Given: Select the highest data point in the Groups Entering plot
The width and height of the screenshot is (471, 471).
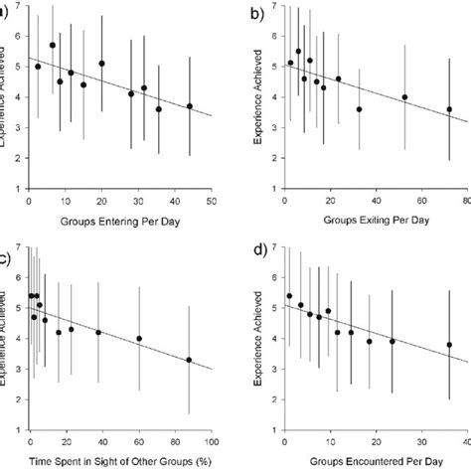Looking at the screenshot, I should pyautogui.click(x=53, y=45).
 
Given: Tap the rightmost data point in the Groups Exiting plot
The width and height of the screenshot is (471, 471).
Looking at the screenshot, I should pyautogui.click(x=449, y=109).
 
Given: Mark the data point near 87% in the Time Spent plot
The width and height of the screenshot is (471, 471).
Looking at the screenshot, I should pyautogui.click(x=189, y=360).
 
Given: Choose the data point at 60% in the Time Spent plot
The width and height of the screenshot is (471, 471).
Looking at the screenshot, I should pyautogui.click(x=139, y=338).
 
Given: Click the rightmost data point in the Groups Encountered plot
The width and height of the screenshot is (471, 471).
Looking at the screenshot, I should pyautogui.click(x=449, y=345).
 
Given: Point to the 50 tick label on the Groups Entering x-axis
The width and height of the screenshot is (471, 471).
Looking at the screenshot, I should pyautogui.click(x=212, y=201).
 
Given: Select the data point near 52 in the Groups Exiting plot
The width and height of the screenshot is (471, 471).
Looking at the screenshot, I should pyautogui.click(x=404, y=97).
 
